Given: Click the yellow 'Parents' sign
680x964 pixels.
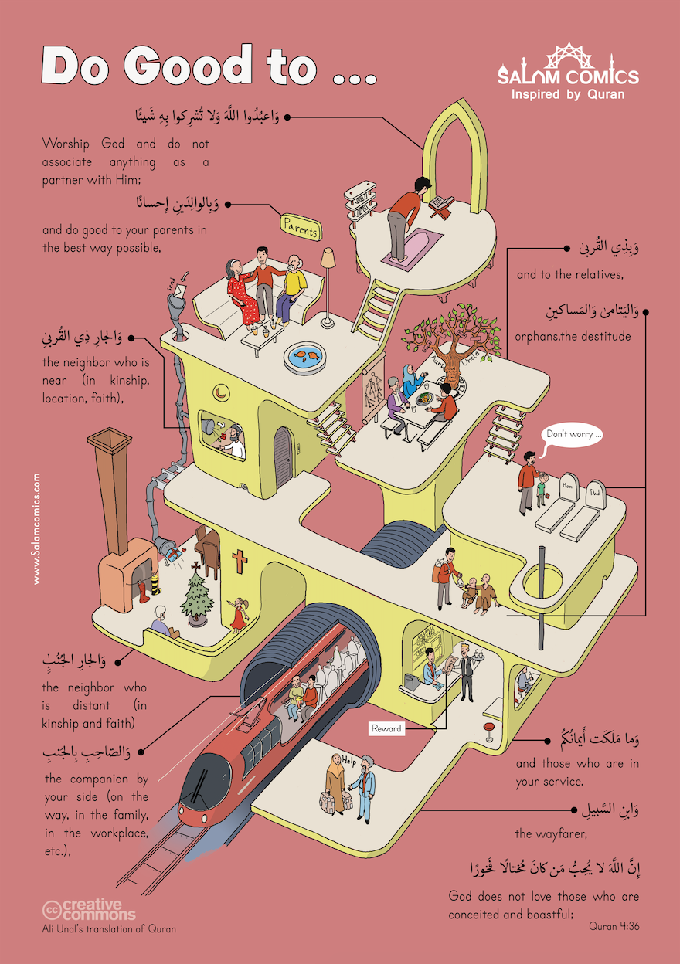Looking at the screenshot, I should (300, 227).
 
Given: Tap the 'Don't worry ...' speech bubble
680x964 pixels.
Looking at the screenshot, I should (574, 434).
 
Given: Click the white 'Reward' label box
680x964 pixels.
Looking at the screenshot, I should (386, 728).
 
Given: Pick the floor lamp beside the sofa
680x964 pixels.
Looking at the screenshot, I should (328, 270).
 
